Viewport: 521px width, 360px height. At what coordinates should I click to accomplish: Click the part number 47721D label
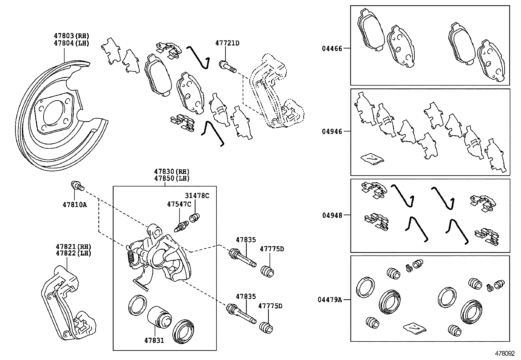click(227, 43)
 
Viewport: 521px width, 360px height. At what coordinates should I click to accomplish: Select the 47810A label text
click(75, 205)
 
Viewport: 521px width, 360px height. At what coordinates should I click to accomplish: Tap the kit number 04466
click(332, 48)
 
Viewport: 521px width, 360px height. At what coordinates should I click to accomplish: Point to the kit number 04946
click(332, 131)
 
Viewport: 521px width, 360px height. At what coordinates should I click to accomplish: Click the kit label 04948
click(332, 215)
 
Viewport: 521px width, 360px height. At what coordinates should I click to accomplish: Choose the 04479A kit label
click(330, 299)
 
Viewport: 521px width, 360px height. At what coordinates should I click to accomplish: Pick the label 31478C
click(197, 196)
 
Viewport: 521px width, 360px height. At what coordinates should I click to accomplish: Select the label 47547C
click(179, 204)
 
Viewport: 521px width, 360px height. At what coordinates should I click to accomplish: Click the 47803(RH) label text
click(71, 36)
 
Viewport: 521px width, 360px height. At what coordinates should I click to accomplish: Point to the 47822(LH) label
click(73, 253)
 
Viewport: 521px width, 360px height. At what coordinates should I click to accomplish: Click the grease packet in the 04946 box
click(372, 159)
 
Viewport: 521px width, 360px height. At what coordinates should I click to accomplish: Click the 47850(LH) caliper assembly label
click(171, 179)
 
